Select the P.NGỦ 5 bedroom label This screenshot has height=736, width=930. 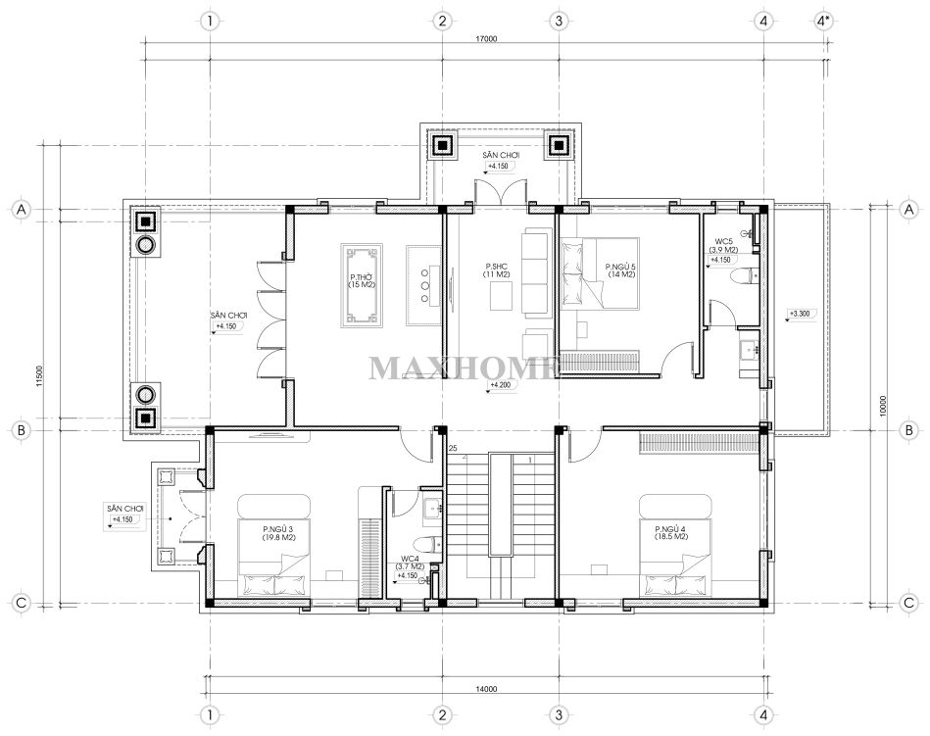[x=620, y=270]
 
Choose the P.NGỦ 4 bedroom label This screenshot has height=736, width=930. [x=671, y=532]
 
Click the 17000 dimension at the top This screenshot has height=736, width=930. [x=486, y=39]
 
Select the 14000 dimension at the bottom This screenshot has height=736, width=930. [x=486, y=689]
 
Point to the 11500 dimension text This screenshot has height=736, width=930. [x=39, y=376]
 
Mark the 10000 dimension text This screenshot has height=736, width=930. [x=883, y=406]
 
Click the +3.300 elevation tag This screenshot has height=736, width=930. [x=800, y=314]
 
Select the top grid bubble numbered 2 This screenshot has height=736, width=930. [x=442, y=22]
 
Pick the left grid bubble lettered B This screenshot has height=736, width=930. [x=22, y=430]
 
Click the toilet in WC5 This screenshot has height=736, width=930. [x=745, y=276]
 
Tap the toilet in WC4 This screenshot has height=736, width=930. [x=428, y=543]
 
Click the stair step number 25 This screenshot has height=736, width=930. [x=453, y=448]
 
